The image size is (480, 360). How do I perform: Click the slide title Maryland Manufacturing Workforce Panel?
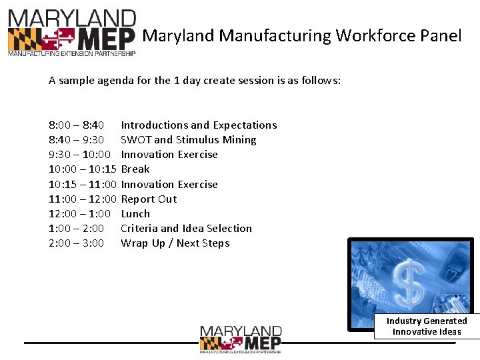click(x=302, y=35)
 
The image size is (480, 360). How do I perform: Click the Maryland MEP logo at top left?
click(x=71, y=33)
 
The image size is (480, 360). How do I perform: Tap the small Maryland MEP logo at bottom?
click(x=241, y=339)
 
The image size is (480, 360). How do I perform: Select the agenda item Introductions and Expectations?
click(x=199, y=125)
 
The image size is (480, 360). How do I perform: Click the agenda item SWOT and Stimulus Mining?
click(x=189, y=140)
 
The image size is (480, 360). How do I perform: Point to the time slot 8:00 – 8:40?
click(x=76, y=125)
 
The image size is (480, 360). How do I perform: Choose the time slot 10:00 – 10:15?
click(x=83, y=169)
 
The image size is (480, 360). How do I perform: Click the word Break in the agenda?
click(x=135, y=169)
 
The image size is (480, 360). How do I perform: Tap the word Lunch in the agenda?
click(x=135, y=214)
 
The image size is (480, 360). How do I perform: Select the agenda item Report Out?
click(x=149, y=199)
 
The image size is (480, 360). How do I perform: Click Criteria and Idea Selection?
click(x=186, y=229)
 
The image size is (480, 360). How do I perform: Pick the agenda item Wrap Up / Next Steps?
click(x=175, y=243)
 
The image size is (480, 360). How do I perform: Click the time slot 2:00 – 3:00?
click(x=76, y=243)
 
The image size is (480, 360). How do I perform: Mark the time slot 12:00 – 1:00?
click(x=79, y=214)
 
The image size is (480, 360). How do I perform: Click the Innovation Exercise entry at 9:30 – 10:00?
click(x=169, y=155)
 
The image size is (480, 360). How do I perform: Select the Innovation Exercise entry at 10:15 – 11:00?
click(x=169, y=185)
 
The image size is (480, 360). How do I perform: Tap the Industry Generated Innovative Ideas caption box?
click(x=427, y=326)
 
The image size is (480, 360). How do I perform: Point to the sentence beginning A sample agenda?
click(x=195, y=81)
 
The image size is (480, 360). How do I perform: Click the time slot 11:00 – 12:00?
click(x=83, y=199)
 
